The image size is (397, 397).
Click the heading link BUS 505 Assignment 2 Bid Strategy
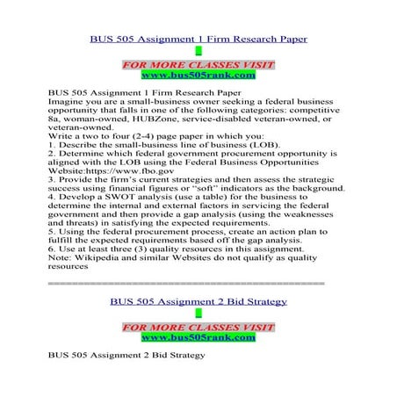(x=198, y=302)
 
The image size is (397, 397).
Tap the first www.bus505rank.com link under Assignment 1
(x=198, y=76)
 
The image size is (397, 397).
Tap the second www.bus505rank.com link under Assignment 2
(x=198, y=336)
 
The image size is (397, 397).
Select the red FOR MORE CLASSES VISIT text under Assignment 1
(x=198, y=65)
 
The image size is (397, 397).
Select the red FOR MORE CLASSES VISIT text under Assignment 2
(x=198, y=327)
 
